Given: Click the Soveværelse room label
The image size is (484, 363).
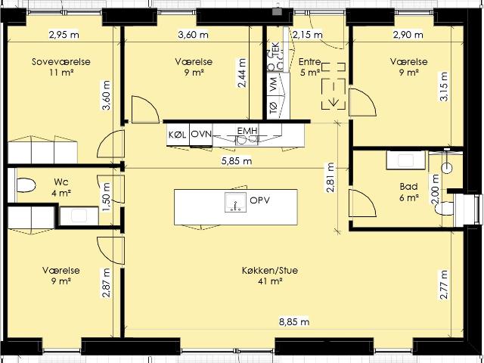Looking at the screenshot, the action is point(61,62).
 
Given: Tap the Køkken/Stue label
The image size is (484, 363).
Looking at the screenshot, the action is point(270,271).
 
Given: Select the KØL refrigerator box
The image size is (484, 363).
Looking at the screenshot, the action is point(178,135).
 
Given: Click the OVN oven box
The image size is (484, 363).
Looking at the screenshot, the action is point(201,135).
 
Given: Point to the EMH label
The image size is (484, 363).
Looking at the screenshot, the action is point(247,131).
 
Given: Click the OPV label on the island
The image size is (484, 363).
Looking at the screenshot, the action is point(260,200).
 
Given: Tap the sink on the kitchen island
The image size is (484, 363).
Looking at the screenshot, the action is point(235,202).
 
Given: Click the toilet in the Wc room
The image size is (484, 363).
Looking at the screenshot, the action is point(25,185).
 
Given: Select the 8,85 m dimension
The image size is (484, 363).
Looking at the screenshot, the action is point(294,322).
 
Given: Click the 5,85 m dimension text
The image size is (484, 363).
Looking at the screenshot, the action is point(237,161).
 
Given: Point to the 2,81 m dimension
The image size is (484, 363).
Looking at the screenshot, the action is point(330,177).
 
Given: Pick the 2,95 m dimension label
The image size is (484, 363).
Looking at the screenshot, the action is point(64,35).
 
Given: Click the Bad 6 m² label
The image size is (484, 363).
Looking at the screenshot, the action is point(409,192).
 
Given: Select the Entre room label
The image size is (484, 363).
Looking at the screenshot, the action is point(310,62).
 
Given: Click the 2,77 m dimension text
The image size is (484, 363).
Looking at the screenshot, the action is point(444,284).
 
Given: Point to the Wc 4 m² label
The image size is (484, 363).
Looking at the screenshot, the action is point(60,188).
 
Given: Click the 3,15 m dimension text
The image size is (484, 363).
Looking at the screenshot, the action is point(444,86).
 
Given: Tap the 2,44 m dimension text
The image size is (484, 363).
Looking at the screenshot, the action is point(242,73).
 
